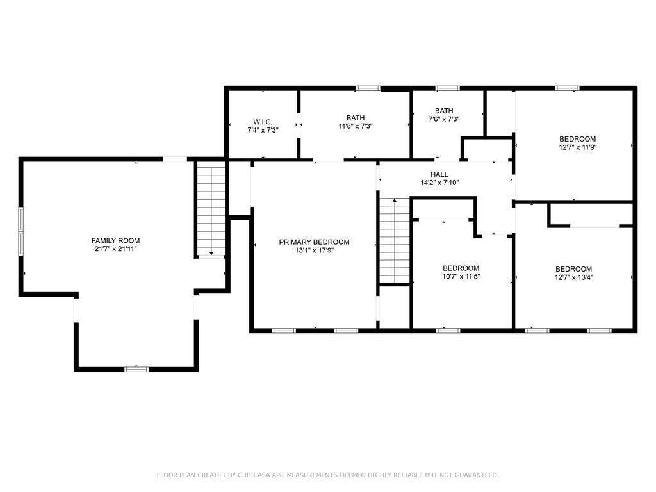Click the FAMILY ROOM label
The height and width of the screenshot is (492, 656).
tap(115, 241)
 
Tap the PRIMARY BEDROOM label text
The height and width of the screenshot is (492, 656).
tap(314, 242)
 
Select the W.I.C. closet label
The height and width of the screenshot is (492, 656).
tap(263, 122)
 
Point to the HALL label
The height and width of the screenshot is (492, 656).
tap(439, 174)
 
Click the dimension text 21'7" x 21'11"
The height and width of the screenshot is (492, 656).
tap(116, 249)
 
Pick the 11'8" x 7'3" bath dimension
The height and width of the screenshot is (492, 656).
tap(356, 126)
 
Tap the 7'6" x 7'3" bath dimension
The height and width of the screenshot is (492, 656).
tap(444, 119)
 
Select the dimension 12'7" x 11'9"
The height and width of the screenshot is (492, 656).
tap(577, 147)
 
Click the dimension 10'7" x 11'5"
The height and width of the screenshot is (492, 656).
tap(461, 277)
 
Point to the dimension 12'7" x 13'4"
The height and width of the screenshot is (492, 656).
tap(574, 277)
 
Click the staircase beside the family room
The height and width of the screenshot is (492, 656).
tap(211, 209)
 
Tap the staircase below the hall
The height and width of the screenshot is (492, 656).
tap(395, 241)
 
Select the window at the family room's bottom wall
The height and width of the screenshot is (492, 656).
tap(136, 369)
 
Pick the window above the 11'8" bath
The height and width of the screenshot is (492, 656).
tap(368, 88)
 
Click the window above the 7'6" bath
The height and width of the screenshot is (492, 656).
tap(447, 88)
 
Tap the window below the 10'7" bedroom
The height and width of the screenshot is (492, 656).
tap(448, 331)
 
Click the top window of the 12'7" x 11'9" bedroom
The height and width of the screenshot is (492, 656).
tap(568, 88)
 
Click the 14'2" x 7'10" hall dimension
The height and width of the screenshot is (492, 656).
tap(439, 183)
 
